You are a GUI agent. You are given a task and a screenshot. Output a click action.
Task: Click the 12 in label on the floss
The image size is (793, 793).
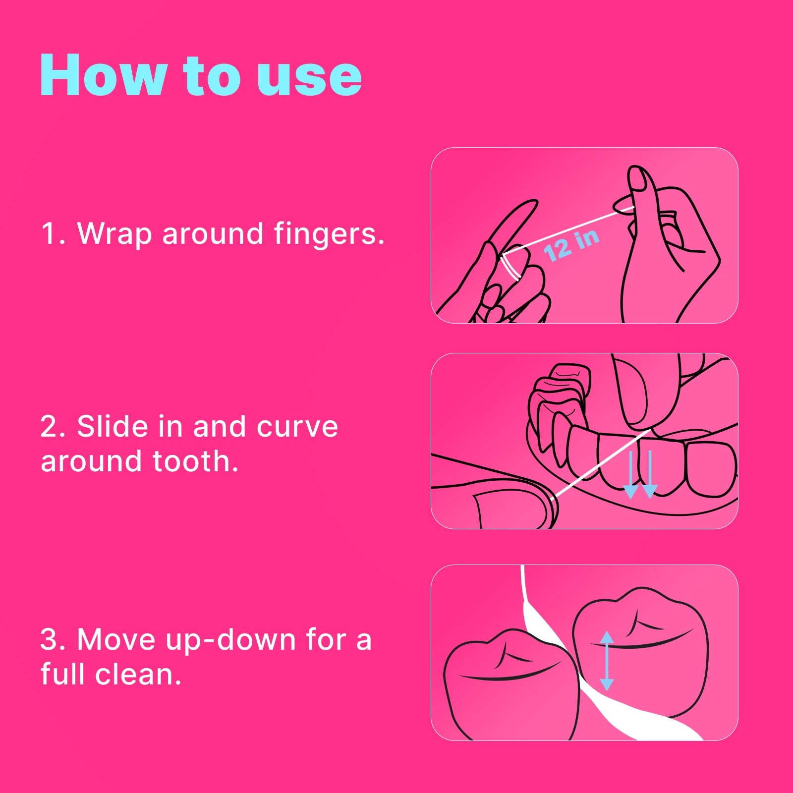(571, 245)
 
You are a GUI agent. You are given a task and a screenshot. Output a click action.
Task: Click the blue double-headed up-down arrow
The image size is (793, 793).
(607, 661)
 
